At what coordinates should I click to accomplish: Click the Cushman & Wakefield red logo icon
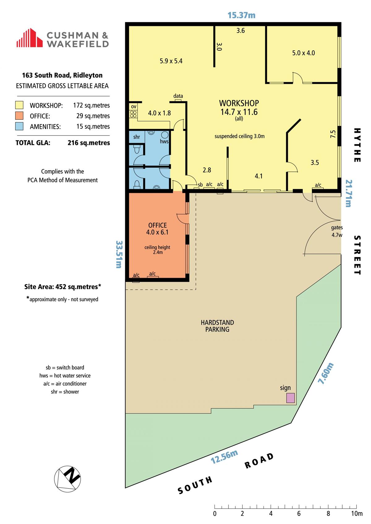click(x=29, y=38)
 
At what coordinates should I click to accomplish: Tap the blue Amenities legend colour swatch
click(x=19, y=126)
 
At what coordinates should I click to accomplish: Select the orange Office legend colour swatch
click(x=19, y=116)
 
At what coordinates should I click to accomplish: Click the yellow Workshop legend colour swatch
click(x=19, y=105)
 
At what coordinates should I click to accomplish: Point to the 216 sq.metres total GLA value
click(x=89, y=143)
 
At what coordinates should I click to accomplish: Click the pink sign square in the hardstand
click(x=291, y=398)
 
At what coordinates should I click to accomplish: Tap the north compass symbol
click(x=67, y=479)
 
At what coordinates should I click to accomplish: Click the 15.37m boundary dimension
click(x=241, y=15)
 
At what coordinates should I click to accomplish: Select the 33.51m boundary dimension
click(x=119, y=255)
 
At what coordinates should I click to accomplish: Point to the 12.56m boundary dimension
click(x=224, y=457)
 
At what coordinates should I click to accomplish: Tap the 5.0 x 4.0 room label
click(x=303, y=53)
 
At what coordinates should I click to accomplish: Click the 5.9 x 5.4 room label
click(x=171, y=61)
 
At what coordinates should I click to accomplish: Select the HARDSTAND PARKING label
click(x=217, y=326)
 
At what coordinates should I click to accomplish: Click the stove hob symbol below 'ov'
click(x=133, y=114)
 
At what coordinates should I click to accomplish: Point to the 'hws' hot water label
click(x=164, y=141)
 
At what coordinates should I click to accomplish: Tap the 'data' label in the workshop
click(x=178, y=96)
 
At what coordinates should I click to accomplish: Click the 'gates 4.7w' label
click(x=337, y=231)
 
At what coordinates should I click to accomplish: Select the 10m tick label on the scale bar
click(x=357, y=513)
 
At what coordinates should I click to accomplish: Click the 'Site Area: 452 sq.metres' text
click(x=63, y=287)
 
